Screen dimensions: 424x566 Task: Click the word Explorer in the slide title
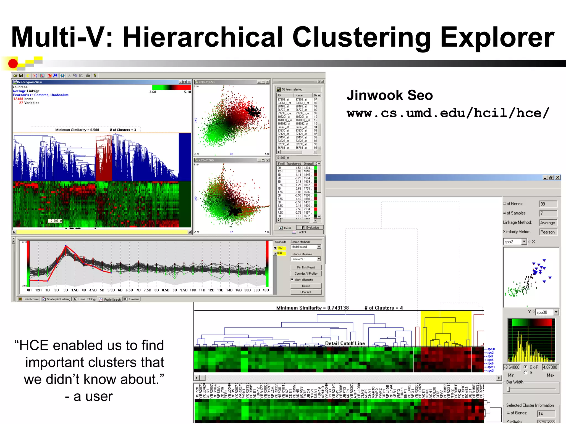[497, 37]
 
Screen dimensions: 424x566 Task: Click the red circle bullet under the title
[13, 63]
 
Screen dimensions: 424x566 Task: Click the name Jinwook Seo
[389, 95]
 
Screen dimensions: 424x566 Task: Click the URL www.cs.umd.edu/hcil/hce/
[448, 113]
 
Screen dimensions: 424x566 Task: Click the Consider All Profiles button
[306, 274]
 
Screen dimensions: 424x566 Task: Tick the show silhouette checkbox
[292, 280]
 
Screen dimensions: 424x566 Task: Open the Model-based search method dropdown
[319, 247]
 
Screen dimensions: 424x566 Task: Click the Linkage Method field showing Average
[548, 223]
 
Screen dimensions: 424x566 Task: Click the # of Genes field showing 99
[548, 204]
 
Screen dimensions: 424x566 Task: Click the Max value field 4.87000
[550, 367]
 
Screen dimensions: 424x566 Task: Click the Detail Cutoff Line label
[345, 343]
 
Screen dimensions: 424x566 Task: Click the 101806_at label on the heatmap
[55, 221]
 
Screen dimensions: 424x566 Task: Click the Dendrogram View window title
[29, 82]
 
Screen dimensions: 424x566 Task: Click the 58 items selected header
[292, 89]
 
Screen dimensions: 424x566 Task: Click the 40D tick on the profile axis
[266, 290]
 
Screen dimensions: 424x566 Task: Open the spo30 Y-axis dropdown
[556, 312]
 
